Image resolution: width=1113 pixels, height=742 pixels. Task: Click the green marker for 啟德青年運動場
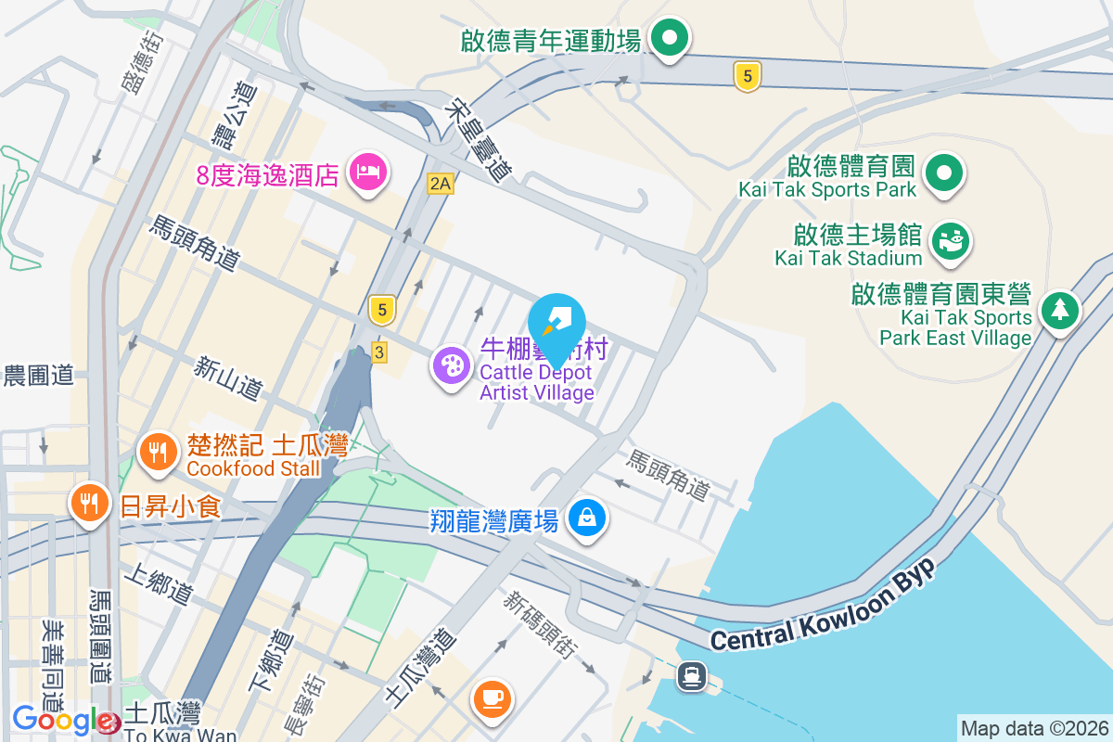pos(668,38)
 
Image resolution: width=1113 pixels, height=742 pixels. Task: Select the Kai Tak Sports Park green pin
pos(943,173)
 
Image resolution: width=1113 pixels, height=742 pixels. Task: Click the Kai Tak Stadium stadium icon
pos(949,240)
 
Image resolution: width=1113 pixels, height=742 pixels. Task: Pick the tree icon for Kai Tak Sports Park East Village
pos(1058,309)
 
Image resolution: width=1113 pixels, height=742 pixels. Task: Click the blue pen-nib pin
pos(556,324)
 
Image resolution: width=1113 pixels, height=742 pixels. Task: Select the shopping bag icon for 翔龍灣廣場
pos(587,517)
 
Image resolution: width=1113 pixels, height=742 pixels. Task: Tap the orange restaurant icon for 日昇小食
pos(89,503)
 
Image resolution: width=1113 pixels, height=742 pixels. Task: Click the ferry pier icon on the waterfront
pos(690,675)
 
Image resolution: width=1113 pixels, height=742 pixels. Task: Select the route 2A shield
pos(440,184)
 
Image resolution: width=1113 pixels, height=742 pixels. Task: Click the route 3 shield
pos(378,352)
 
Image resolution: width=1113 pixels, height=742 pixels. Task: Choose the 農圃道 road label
pos(38,376)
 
